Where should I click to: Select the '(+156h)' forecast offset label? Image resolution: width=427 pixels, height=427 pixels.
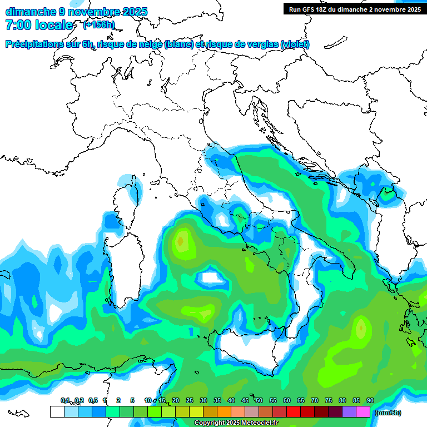99,25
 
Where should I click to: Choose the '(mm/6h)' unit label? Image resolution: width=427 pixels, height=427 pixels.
388,413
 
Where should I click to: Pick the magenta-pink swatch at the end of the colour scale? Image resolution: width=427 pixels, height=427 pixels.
363,411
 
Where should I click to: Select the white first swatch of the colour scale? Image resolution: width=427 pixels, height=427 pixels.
57,411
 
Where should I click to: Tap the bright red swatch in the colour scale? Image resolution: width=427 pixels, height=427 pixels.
294,411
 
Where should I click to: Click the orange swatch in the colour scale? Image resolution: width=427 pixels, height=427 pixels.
224,411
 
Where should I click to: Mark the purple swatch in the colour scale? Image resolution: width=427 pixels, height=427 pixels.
349,411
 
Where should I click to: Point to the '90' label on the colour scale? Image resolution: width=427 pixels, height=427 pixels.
370,401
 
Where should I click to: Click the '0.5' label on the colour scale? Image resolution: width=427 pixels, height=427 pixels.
92,401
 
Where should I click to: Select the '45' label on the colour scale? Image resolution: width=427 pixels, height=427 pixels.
245,401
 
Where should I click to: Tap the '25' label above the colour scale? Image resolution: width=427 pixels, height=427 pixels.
190,401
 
